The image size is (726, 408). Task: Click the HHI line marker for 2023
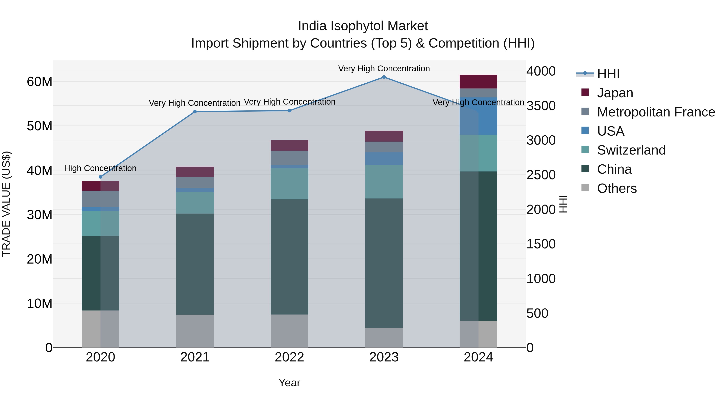pyautogui.click(x=384, y=77)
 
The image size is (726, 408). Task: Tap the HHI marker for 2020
pyautogui.click(x=100, y=177)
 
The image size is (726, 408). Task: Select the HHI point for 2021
pyautogui.click(x=195, y=111)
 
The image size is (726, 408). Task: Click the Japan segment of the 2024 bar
pyautogui.click(x=478, y=82)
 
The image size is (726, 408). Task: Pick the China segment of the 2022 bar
pyautogui.click(x=289, y=257)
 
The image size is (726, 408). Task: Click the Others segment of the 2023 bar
pyautogui.click(x=384, y=338)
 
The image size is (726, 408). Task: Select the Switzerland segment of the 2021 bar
pyautogui.click(x=195, y=203)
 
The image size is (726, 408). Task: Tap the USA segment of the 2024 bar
pyautogui.click(x=478, y=116)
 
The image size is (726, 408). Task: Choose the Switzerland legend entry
pyautogui.click(x=631, y=150)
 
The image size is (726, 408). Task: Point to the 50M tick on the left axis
pyautogui.click(x=40, y=126)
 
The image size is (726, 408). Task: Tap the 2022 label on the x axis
pyautogui.click(x=289, y=357)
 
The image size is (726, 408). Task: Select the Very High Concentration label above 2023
pyautogui.click(x=384, y=69)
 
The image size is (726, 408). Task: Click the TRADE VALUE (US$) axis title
pyautogui.click(x=6, y=204)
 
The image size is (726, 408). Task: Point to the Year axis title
pyautogui.click(x=289, y=383)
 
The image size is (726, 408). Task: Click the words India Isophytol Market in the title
pyautogui.click(x=363, y=26)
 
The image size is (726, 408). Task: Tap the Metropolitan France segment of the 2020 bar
pyautogui.click(x=100, y=199)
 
